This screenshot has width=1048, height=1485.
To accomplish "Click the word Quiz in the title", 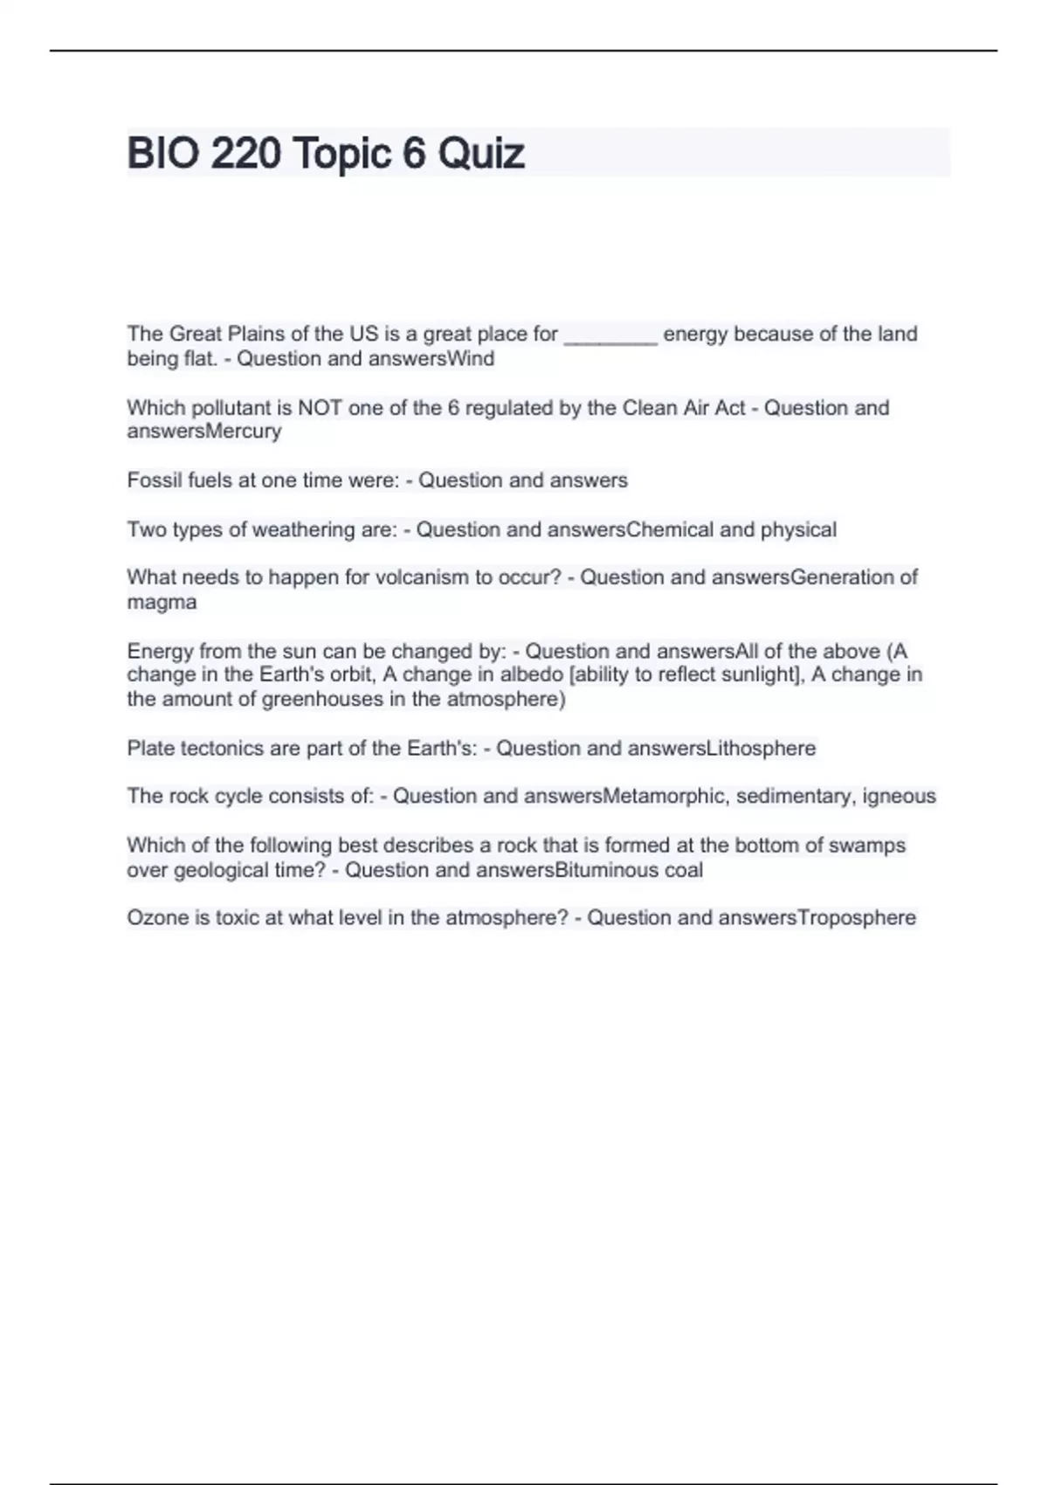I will (x=481, y=154).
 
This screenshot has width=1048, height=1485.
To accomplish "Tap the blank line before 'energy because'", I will (x=610, y=335).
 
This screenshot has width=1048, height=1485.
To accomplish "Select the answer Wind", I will (x=471, y=359).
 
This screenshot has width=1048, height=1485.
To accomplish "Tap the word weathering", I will (x=296, y=529).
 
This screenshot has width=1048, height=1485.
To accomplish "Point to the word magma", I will (x=162, y=602).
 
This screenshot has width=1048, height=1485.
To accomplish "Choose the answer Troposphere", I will (x=857, y=918).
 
